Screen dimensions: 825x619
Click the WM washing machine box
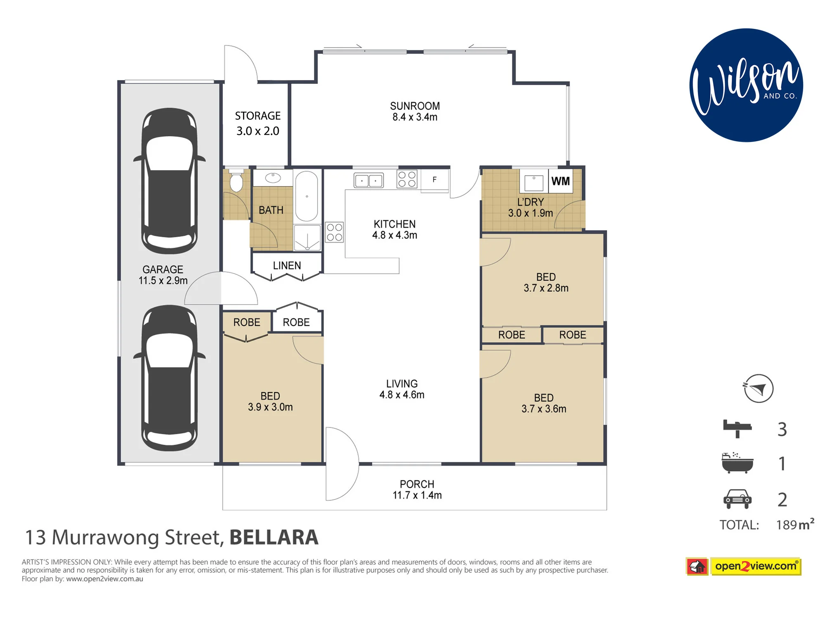pos(561,181)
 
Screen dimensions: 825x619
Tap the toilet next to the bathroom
pos(236,180)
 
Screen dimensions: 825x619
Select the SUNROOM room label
pos(415,106)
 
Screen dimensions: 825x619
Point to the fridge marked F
pos(435,180)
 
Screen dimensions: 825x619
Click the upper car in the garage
pos(170,181)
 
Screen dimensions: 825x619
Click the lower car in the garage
pos(170,378)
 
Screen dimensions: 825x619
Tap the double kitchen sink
pos(368,180)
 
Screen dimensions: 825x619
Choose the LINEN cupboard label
pos(287,266)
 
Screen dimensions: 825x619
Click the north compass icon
pos(758,388)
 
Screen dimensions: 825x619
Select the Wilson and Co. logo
pos(746,85)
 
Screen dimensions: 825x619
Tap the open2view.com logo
pos(743,566)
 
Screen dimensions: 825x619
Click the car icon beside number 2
pos(738,499)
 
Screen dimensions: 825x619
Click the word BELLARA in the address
pos(274,537)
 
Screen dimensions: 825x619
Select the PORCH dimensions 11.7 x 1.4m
pos(417,495)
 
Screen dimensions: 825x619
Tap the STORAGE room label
pos(258,116)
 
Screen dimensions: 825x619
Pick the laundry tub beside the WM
pos(534,182)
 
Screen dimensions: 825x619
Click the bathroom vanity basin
pos(273,178)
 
